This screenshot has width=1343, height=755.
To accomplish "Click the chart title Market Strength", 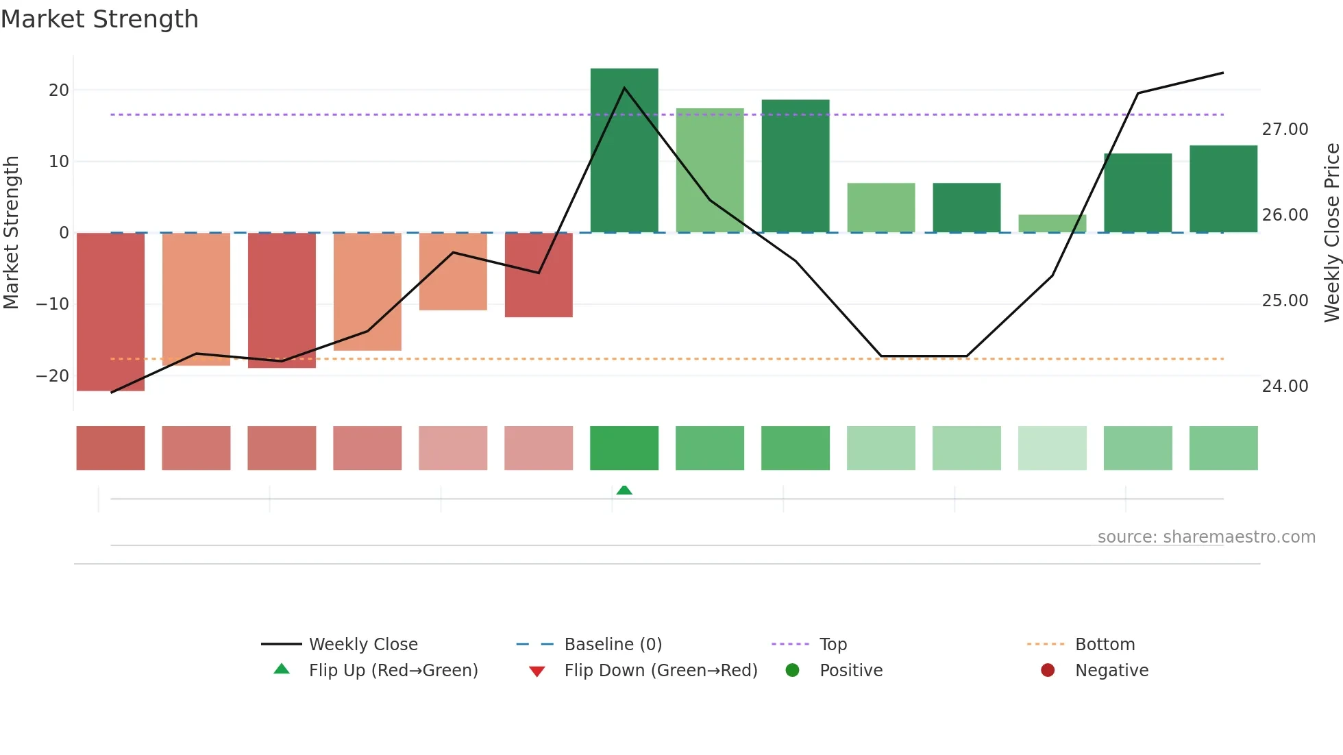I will [99, 19].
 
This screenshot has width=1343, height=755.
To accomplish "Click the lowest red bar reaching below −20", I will [110, 312].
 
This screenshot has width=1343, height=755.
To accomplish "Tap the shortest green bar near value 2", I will [1052, 223].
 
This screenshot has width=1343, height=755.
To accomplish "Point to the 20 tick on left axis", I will [59, 90].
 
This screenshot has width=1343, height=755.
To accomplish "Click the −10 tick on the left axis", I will [53, 304].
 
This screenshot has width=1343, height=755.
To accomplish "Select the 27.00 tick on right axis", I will [1285, 129].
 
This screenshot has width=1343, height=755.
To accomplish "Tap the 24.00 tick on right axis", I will [1285, 386].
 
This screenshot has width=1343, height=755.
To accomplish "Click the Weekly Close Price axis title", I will [1331, 232].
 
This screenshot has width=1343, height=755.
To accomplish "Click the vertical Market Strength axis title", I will [12, 232].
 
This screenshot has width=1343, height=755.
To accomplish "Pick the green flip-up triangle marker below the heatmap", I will [624, 490].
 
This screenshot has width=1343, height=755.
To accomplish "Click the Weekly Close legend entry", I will [362, 645].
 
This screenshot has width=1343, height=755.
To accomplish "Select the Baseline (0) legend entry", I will [613, 645].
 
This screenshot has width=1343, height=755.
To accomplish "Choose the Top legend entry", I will [833, 645].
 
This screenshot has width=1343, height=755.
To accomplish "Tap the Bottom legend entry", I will [1105, 645].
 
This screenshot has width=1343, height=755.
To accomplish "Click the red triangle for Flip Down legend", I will [537, 671].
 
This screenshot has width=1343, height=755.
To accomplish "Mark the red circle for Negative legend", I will [1047, 671].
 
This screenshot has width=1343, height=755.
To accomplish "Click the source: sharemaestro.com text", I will [1206, 537].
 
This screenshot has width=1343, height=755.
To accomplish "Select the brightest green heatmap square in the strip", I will [624, 448].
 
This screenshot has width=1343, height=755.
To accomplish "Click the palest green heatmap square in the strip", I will [1052, 448].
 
